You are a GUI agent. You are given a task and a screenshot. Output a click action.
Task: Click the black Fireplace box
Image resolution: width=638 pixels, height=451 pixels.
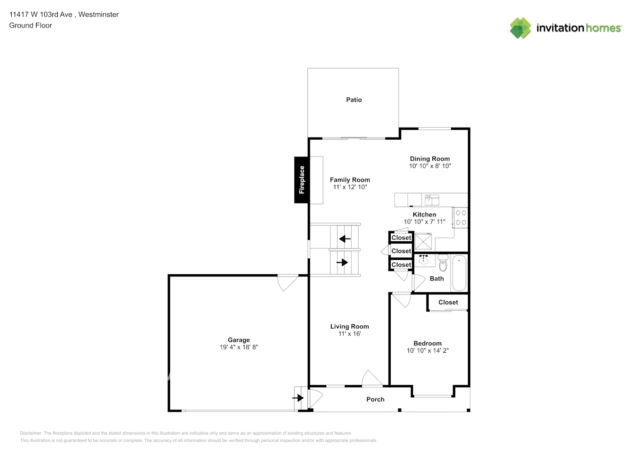coord(301,180)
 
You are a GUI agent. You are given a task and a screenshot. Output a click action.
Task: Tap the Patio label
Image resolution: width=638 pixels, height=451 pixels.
coord(354,100)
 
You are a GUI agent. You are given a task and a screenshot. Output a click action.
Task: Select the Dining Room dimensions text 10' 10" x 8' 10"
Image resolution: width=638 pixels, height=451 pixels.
coord(430,166)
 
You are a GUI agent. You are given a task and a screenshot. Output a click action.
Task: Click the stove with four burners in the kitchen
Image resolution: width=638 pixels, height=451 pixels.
coord(461,218)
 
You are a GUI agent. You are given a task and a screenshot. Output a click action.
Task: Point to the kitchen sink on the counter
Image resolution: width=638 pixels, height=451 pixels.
coord(431,199)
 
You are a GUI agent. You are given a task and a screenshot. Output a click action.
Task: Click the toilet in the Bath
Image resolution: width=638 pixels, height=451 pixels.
coord(443,263)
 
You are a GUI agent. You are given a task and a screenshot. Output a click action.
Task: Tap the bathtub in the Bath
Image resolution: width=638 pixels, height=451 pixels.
coord(459,272)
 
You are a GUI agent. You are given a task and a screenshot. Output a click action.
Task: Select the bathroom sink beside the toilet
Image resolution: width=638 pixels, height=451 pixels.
coord(423,259)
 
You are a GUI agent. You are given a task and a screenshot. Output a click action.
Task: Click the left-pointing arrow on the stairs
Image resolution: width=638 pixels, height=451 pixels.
coord(345,239)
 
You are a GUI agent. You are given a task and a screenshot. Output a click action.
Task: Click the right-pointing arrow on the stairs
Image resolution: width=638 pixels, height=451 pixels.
coord(342,262)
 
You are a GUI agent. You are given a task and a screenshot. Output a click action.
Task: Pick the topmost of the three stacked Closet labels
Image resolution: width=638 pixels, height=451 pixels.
coord(401,238)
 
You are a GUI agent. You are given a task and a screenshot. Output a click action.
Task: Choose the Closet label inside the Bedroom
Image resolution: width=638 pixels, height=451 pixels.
coord(448,302)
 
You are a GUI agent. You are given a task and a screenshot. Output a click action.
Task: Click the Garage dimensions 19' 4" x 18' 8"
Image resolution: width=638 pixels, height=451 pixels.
coord(239,347)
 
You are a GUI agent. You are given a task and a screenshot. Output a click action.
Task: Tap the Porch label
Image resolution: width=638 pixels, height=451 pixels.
coord(375,399)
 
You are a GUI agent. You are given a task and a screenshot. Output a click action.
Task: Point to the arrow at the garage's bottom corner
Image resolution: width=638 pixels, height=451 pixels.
coord(298,398)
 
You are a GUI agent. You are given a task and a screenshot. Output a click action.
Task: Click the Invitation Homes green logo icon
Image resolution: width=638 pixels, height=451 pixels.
coord(520,28)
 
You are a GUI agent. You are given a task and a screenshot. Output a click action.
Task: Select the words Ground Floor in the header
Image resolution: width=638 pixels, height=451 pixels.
coord(30,25)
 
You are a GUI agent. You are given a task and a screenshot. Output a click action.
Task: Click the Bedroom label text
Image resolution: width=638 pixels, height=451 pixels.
coord(427,343)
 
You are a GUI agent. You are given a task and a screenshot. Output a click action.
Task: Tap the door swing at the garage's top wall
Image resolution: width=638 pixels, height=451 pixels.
coord(287,282)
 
